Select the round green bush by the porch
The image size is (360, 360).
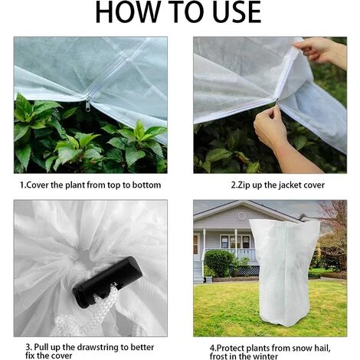(x=220, y=263)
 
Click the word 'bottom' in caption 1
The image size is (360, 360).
(x=144, y=185)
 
